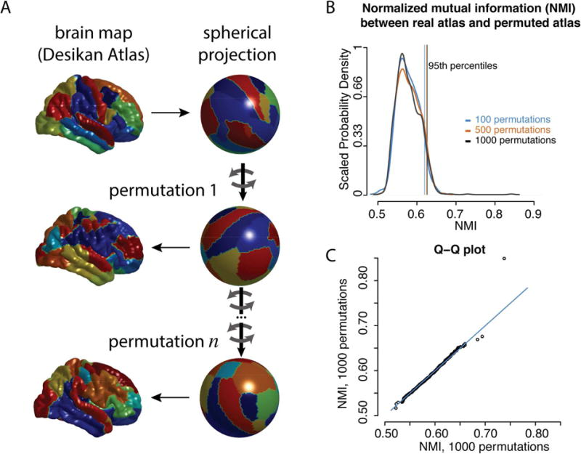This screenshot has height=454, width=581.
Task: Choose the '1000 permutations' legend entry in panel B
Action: (x=513, y=139)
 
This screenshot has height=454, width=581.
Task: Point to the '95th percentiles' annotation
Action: (x=461, y=65)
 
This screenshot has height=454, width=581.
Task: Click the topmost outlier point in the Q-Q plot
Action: (x=504, y=259)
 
